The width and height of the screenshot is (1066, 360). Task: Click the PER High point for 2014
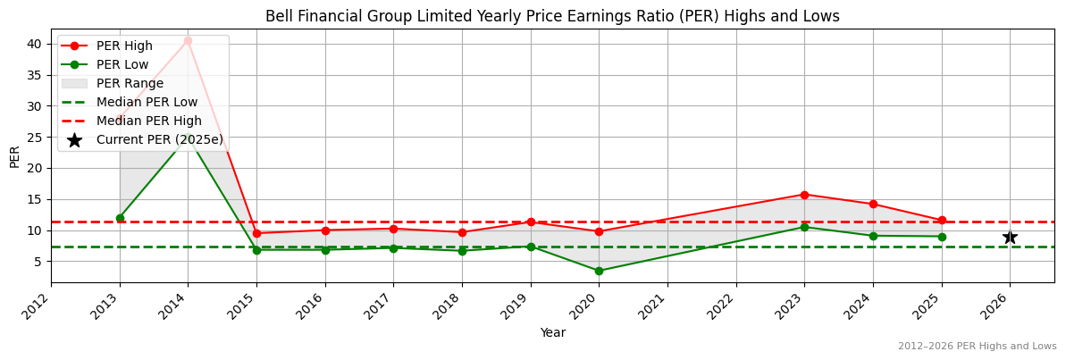(x=188, y=40)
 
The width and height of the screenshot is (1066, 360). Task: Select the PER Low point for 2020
(x=599, y=271)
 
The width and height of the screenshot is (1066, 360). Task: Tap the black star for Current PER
(x=1010, y=237)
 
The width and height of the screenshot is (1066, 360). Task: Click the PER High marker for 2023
(x=804, y=195)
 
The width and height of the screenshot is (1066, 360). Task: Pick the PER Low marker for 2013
(x=120, y=218)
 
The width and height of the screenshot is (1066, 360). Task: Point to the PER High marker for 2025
(x=942, y=221)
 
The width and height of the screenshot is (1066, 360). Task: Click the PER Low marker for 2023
(x=804, y=227)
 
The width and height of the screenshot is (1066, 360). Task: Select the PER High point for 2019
(x=531, y=222)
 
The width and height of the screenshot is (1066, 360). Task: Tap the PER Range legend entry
(x=130, y=83)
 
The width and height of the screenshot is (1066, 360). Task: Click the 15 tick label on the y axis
(x=34, y=199)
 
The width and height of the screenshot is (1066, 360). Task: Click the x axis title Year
(x=552, y=332)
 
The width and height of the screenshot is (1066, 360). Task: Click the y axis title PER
(x=14, y=156)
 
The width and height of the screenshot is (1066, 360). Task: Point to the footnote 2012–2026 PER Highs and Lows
(x=977, y=346)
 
